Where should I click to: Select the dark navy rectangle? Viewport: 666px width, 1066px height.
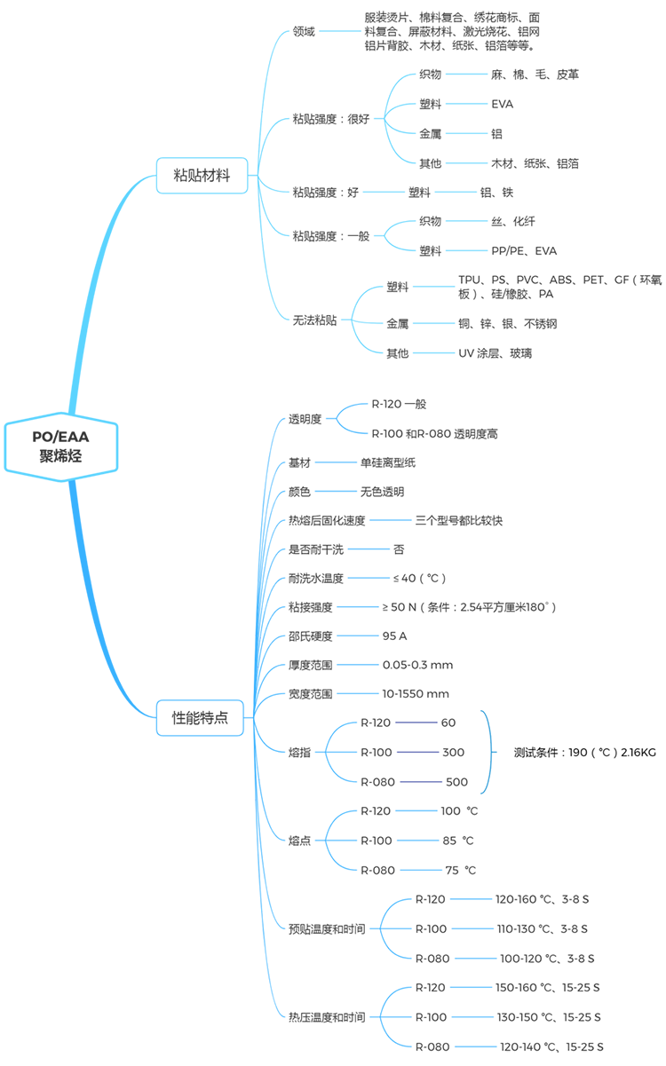point(417,752)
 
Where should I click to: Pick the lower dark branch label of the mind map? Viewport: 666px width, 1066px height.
point(200,716)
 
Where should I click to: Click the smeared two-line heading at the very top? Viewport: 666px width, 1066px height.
point(444,32)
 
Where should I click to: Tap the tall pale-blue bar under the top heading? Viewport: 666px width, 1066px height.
point(465,160)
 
